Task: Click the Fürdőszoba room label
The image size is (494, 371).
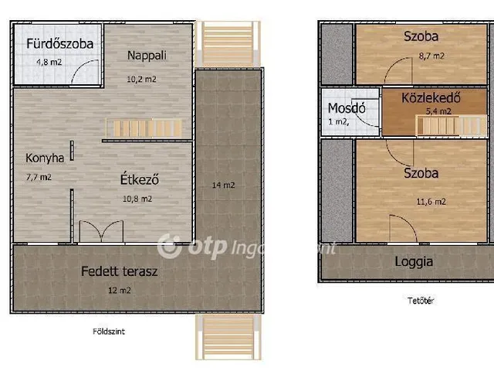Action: [x=59, y=44]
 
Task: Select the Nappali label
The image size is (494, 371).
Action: [x=147, y=55]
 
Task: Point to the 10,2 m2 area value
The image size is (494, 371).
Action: [x=142, y=78]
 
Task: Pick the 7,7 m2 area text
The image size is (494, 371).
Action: [x=39, y=177]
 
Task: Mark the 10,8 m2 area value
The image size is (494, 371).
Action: [x=137, y=199]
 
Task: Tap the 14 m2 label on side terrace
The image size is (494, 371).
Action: [x=223, y=185]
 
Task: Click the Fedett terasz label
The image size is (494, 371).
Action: [x=120, y=271]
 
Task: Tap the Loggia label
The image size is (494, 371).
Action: [x=414, y=261]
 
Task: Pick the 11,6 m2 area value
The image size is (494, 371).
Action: [x=431, y=201]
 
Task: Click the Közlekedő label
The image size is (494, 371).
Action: [x=431, y=98]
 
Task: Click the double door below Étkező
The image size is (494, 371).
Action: [x=101, y=231]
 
